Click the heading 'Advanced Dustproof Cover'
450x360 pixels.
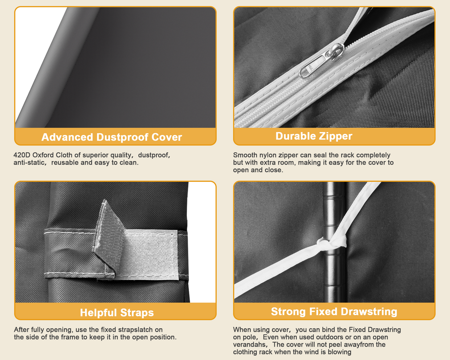[x=112, y=137]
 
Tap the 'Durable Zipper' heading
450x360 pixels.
[x=314, y=136]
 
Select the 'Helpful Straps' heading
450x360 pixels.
[x=117, y=313]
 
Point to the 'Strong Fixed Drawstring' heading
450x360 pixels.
[x=334, y=312]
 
